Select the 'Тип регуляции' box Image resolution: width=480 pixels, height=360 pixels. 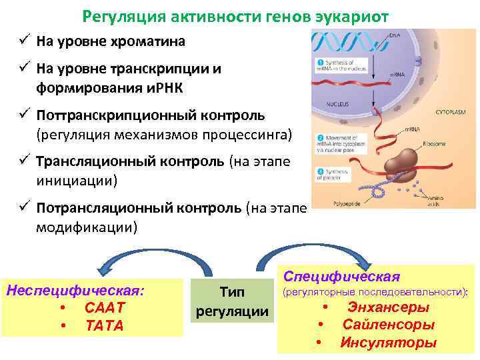232,302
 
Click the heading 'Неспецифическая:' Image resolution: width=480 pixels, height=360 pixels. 75,291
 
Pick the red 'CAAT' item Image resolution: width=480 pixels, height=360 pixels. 105,308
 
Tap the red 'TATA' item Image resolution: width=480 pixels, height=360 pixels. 105,325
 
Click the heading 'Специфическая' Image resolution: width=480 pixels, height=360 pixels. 341,276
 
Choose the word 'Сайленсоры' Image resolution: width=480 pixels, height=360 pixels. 389,325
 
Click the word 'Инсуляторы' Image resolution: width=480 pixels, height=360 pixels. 389,343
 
